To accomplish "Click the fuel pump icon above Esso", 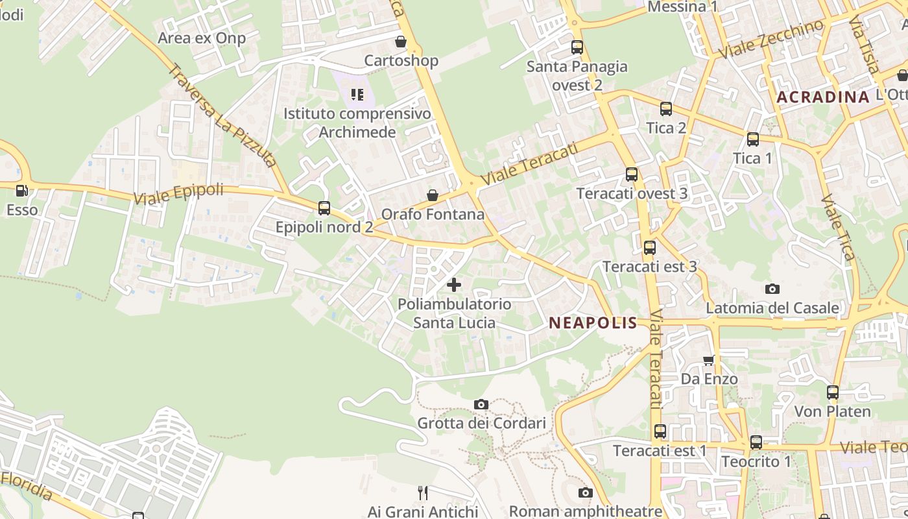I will coord(21,191).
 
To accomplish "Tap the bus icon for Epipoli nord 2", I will coord(324,208).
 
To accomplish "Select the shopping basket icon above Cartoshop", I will coord(401,42).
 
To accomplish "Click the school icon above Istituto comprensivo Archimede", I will coord(357,95).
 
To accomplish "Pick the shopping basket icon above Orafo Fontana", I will coord(433,195).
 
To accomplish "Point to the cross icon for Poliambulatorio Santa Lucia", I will coord(454,284).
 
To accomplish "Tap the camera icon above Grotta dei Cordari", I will coord(481,404).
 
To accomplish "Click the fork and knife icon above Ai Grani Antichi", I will coord(422,493).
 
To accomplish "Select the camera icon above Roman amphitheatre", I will coord(585,492).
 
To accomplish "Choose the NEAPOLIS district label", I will coord(593,323).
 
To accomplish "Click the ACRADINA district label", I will coord(822,97).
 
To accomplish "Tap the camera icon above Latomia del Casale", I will coord(772,289).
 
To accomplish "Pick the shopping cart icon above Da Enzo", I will coord(709,360).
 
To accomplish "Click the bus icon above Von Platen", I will coord(833,392).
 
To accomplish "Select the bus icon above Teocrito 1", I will coord(756,442).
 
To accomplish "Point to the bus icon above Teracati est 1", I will coord(660,431).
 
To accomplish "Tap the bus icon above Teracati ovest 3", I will coord(632,175).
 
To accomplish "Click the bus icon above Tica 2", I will coord(666,109).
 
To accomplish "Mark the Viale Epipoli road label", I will coord(178,194).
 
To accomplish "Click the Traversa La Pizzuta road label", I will coord(222,115).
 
